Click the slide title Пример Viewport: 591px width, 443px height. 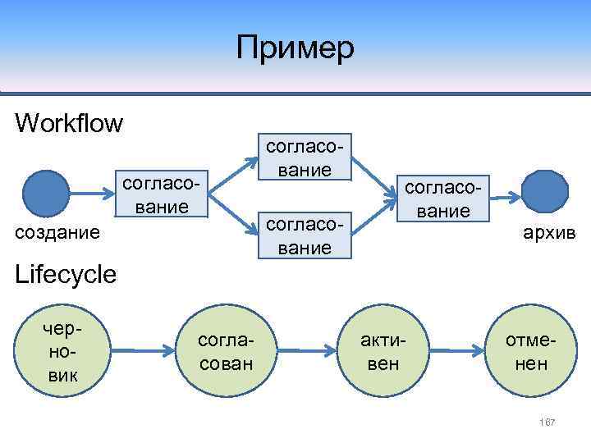295,48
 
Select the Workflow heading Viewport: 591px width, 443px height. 69,124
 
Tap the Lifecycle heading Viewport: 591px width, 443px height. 66,274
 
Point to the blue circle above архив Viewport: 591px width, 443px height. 544,193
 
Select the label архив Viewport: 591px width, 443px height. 550,234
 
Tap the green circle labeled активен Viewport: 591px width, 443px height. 383,352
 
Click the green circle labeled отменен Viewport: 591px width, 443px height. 530,352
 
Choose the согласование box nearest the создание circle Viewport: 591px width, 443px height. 162,194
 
